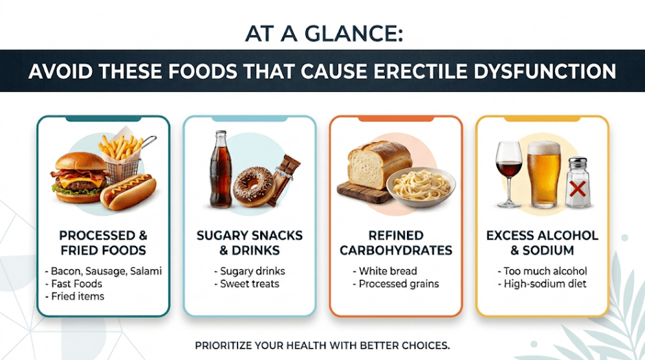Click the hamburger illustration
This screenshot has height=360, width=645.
pyautogui.click(x=79, y=177)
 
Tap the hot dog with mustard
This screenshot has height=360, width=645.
pyautogui.click(x=128, y=191)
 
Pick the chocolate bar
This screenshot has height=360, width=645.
pyautogui.click(x=285, y=179)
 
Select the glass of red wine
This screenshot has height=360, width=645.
pyautogui.click(x=509, y=173)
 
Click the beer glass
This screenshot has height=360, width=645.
pyautogui.click(x=544, y=174)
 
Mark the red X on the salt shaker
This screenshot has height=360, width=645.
pyautogui.click(x=578, y=189)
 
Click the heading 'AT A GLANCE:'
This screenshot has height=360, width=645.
pyautogui.click(x=324, y=34)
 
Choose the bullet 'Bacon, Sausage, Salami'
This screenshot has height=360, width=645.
pyautogui.click(x=103, y=271)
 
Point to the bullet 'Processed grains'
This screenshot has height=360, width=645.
pyautogui.click(x=396, y=284)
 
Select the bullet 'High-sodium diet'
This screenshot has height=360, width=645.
pyautogui.click(x=542, y=284)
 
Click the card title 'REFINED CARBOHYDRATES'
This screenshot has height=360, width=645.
pyautogui.click(x=396, y=243)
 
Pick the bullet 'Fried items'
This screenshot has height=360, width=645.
pyautogui.click(x=75, y=297)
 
